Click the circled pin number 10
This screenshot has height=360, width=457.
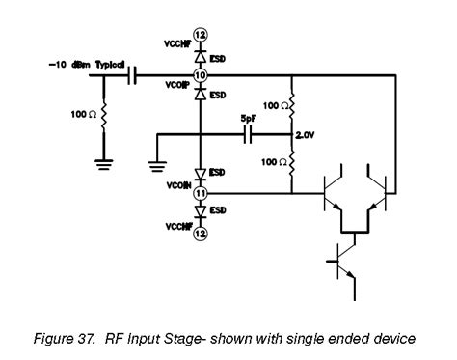point(200,74)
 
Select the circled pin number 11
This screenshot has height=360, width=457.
point(200,193)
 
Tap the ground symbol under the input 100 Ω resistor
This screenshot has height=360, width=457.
point(101,163)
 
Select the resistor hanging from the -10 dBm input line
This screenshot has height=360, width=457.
point(101,117)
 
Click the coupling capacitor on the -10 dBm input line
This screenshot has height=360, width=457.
point(134,74)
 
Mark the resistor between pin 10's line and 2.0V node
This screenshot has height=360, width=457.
point(292,105)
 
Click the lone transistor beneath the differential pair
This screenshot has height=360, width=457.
point(342,260)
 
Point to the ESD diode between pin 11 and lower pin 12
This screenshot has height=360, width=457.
point(200,211)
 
